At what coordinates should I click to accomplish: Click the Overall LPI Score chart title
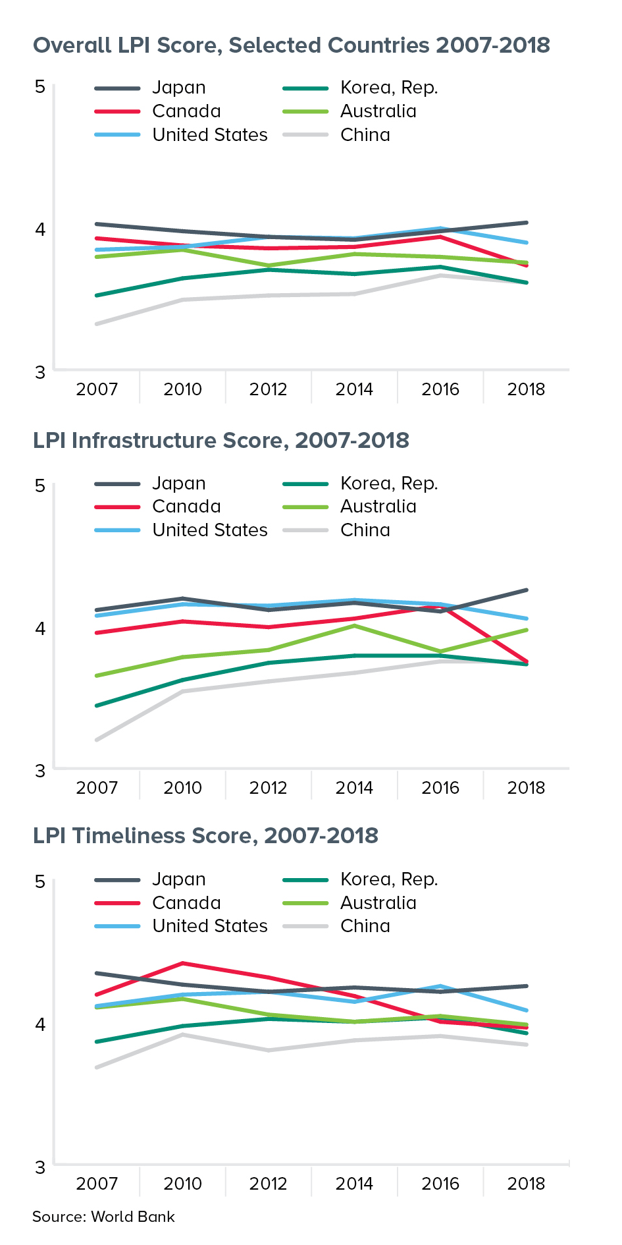click(x=291, y=45)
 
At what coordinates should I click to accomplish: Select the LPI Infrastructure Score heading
click(x=221, y=441)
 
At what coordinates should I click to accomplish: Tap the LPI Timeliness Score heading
click(x=205, y=836)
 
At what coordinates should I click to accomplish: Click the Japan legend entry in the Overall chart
click(x=178, y=88)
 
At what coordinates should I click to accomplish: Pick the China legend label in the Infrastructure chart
click(x=365, y=530)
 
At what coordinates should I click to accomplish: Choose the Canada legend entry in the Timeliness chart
click(x=186, y=903)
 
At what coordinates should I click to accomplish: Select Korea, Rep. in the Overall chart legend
click(x=388, y=88)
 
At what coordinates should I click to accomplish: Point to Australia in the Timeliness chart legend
click(x=378, y=903)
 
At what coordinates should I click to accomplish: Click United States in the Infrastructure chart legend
click(x=209, y=530)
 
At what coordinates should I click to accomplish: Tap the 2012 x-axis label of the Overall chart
click(x=269, y=389)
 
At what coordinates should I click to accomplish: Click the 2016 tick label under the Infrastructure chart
click(x=440, y=788)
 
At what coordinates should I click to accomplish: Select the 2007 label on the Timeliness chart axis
click(x=97, y=1184)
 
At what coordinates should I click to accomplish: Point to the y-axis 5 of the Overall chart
click(x=40, y=87)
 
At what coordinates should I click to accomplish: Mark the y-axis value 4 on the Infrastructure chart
click(x=40, y=628)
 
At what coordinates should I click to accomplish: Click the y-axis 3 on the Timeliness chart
click(x=40, y=1167)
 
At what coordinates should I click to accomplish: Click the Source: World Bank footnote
click(x=103, y=1217)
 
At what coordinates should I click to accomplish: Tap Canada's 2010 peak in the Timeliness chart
click(x=183, y=963)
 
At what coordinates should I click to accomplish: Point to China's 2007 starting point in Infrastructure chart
click(x=97, y=740)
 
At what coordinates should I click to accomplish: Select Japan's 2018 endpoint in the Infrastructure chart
click(x=527, y=590)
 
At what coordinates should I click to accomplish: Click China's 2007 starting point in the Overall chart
click(x=97, y=324)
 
